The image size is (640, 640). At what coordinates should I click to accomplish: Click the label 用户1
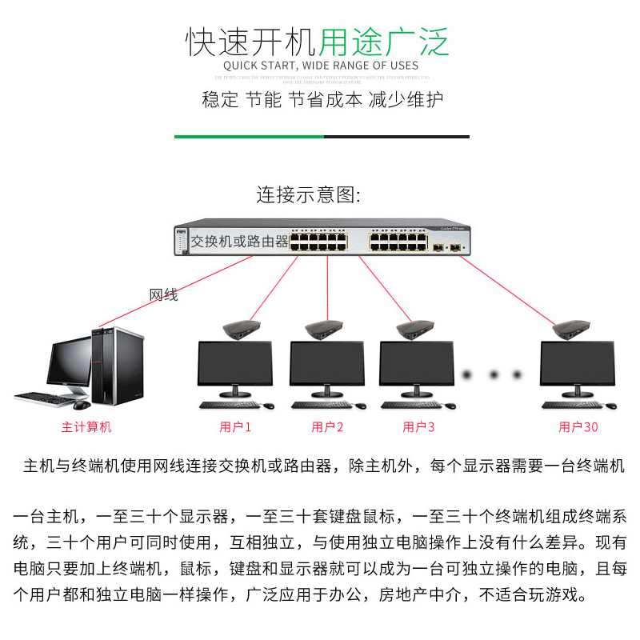click(x=235, y=427)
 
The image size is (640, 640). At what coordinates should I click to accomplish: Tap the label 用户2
click(x=327, y=427)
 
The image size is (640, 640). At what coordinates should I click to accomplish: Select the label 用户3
click(x=418, y=427)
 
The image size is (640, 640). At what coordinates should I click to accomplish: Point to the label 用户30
click(x=578, y=427)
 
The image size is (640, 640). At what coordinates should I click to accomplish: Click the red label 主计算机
click(x=86, y=427)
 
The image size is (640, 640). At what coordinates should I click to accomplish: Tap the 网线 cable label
click(x=164, y=295)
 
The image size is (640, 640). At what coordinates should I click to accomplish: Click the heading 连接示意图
click(x=309, y=195)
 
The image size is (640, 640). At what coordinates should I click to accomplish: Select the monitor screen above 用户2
click(x=326, y=364)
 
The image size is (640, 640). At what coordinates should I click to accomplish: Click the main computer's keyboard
click(x=44, y=396)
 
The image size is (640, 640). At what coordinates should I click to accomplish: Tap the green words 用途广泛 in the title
click(x=384, y=42)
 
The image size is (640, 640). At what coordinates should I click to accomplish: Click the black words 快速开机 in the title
click(x=251, y=42)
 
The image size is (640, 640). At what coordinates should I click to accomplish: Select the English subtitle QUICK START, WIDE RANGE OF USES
click(x=320, y=66)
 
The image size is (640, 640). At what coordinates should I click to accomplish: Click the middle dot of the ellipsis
click(x=495, y=374)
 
